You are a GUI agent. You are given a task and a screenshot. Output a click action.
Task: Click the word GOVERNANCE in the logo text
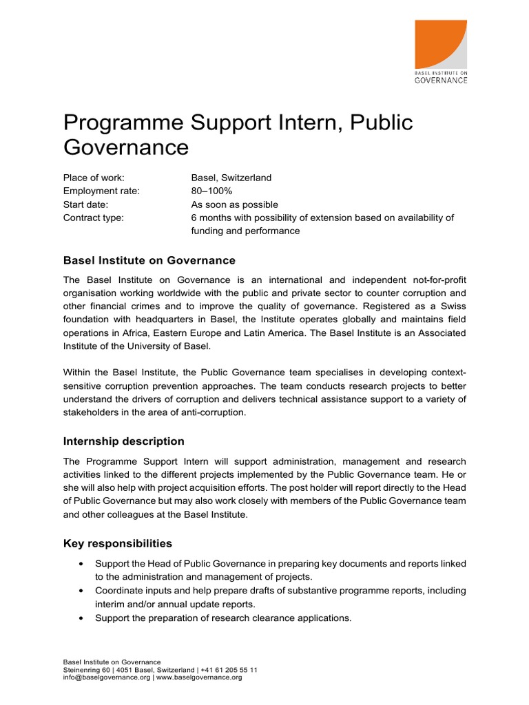pos(441,80)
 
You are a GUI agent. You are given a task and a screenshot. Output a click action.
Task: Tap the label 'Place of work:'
pos(94,178)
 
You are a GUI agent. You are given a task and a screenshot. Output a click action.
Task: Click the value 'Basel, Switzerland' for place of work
pos(231,178)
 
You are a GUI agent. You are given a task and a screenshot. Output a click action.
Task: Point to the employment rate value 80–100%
pos(211,191)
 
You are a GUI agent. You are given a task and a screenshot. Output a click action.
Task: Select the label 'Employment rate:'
pos(101,191)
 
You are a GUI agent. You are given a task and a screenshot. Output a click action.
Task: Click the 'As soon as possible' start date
pos(234,204)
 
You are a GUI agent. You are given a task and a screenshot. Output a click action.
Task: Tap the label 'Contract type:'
pos(94,218)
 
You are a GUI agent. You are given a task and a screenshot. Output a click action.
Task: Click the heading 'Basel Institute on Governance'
pos(149,261)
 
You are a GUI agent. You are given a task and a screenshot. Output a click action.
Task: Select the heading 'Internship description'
pos(124,441)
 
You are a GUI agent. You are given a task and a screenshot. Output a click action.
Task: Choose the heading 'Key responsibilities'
pos(118,544)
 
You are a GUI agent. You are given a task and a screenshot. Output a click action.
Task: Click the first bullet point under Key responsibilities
pos(83,564)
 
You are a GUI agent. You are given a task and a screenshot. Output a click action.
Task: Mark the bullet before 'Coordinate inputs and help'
pos(83,591)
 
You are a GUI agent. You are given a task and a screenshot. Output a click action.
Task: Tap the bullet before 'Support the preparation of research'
pos(83,618)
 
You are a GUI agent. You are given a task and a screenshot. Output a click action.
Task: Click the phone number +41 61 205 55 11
pos(229,670)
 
